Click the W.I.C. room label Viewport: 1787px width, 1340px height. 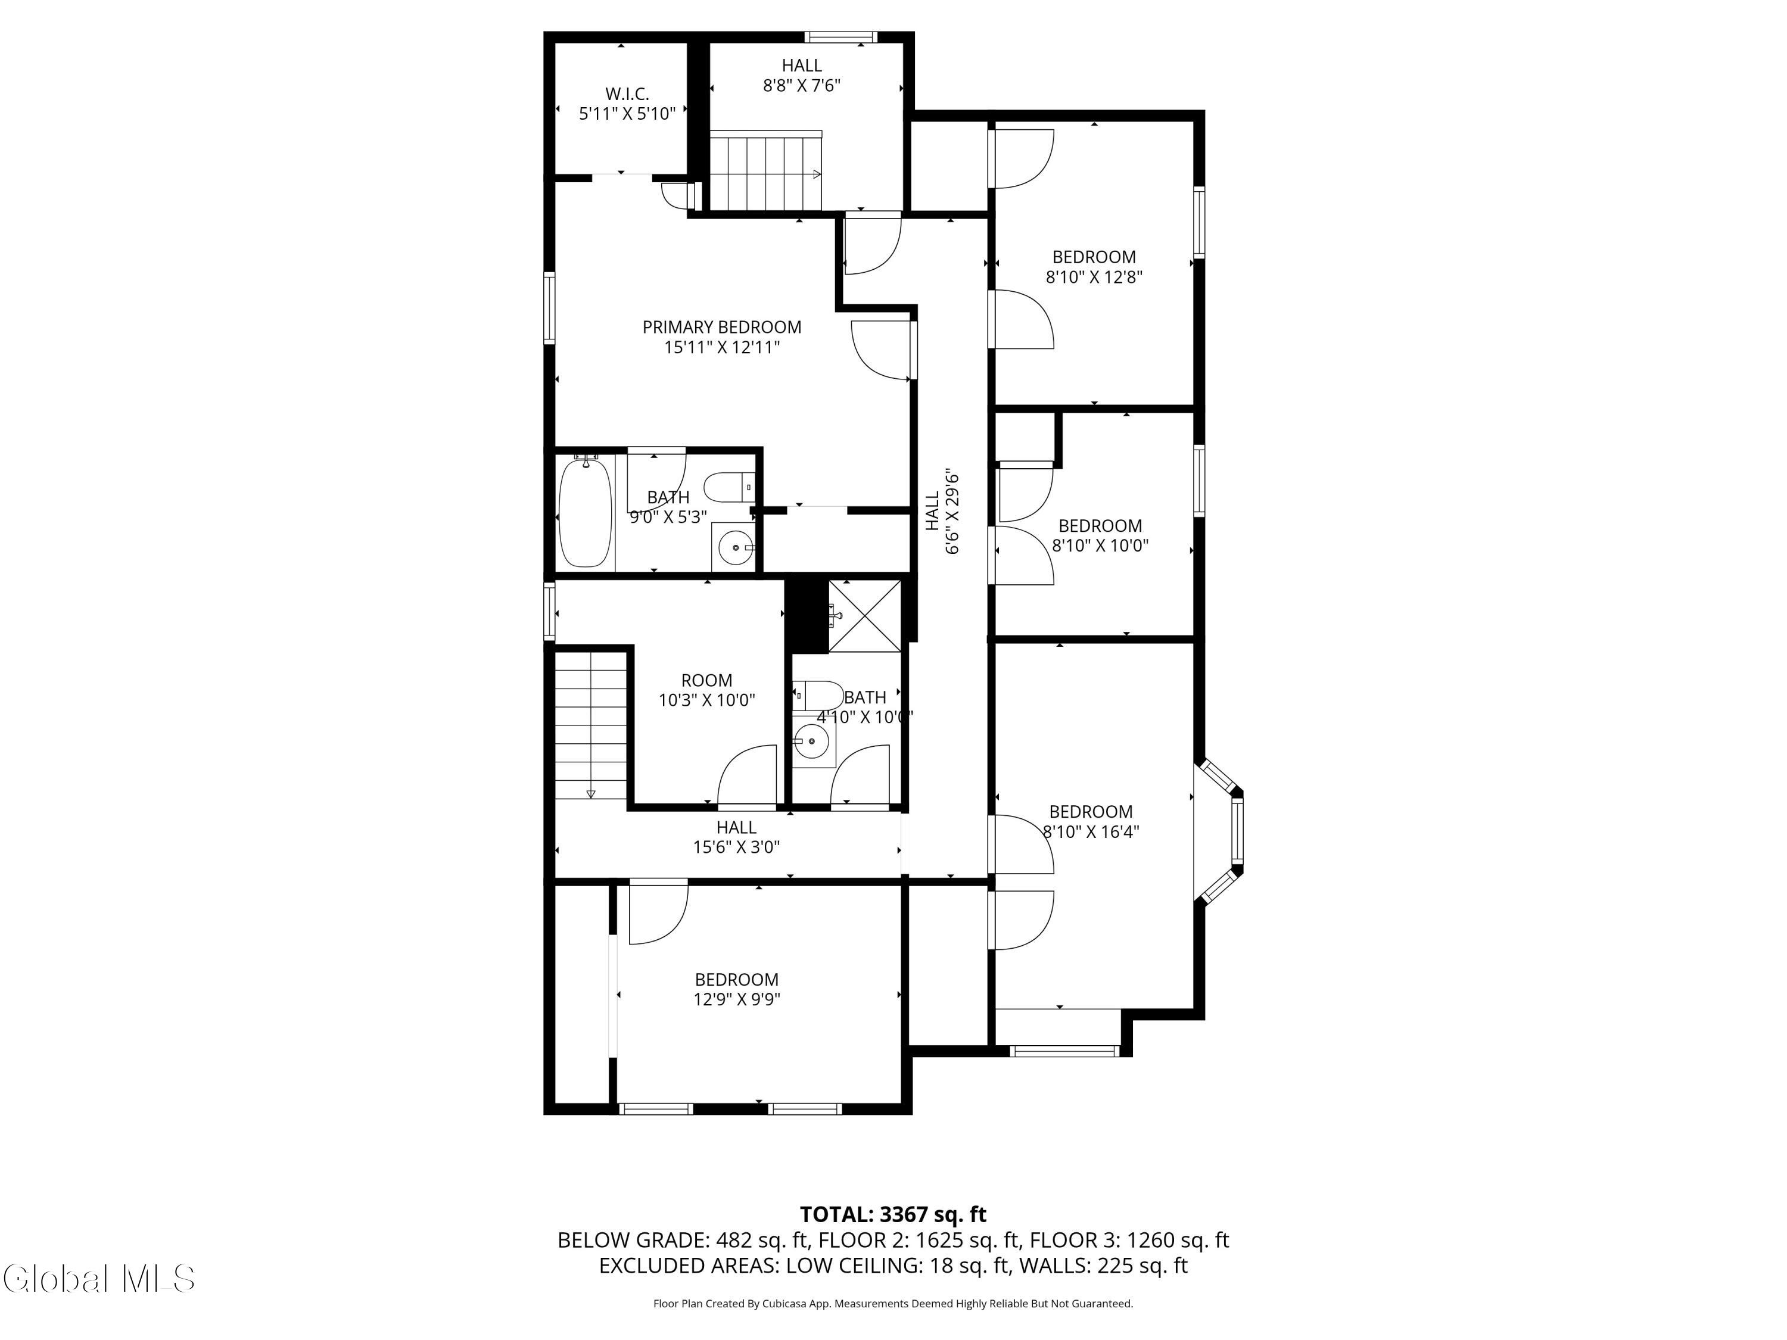click(627, 104)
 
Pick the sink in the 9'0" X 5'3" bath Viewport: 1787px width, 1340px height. click(733, 547)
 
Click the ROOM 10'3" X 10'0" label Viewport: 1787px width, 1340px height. click(707, 690)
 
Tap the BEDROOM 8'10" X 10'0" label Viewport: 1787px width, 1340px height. click(1100, 535)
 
